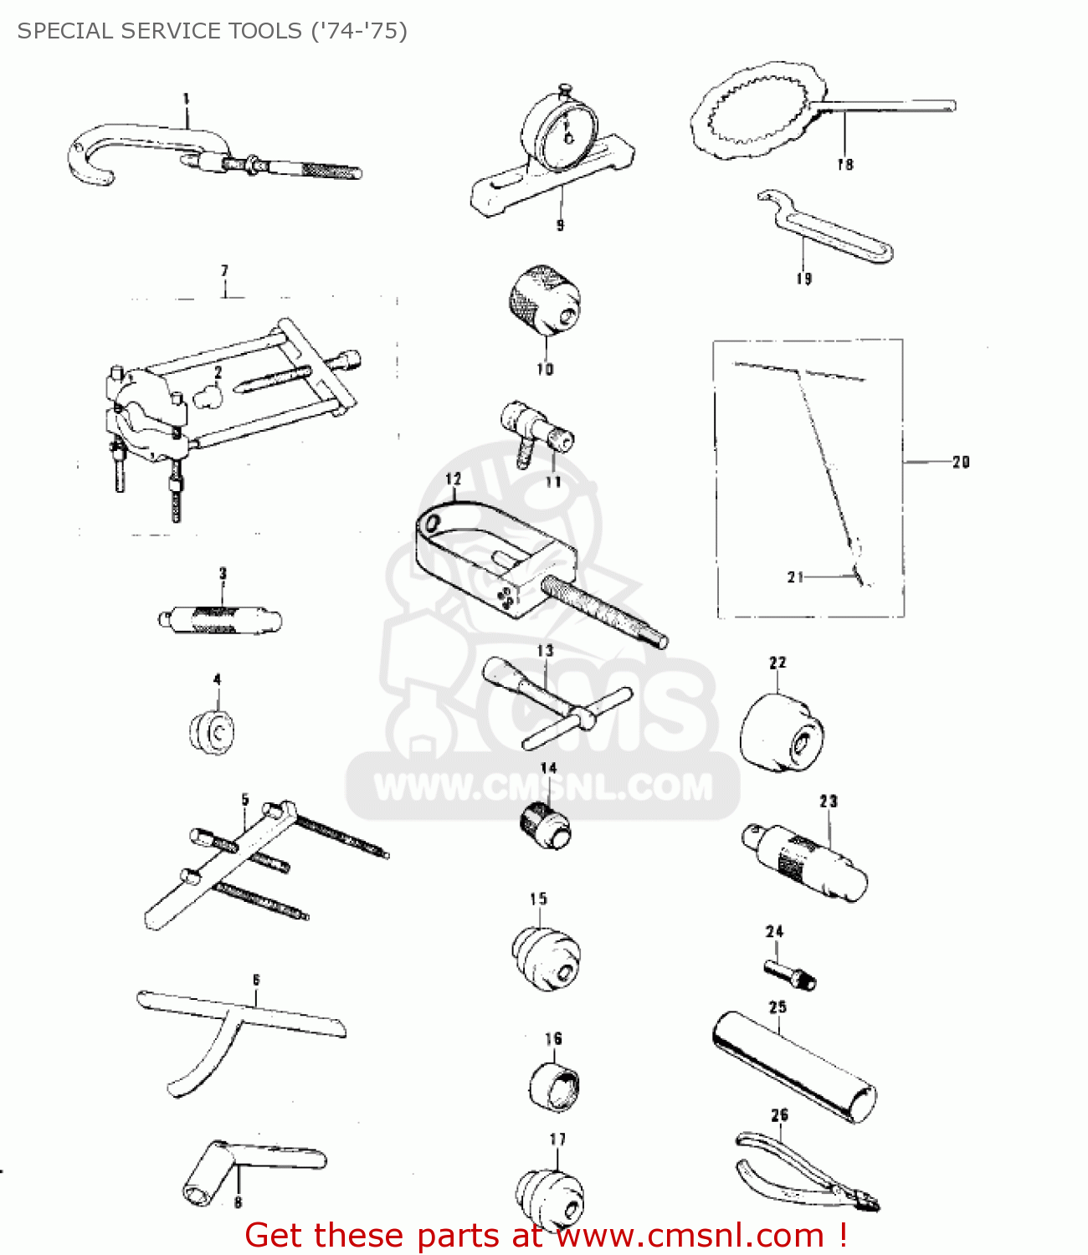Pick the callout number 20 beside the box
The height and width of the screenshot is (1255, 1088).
point(961,462)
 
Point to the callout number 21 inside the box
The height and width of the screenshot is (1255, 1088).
point(795,576)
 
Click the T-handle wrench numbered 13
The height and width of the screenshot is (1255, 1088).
point(557,699)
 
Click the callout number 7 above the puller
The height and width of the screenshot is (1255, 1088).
point(224,271)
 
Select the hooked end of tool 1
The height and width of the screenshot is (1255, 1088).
point(88,159)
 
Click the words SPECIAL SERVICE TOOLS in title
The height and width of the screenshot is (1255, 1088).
point(159,31)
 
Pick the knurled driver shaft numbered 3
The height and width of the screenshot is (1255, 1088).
point(219,620)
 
